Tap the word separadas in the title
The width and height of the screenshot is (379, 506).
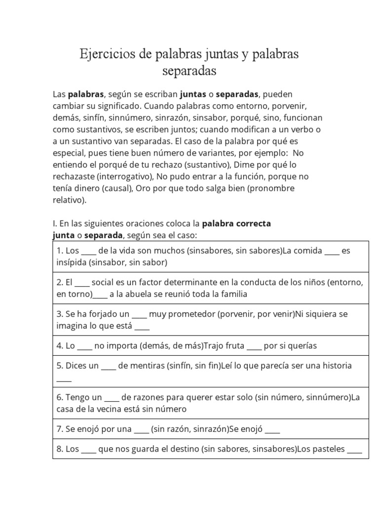(x=189, y=71)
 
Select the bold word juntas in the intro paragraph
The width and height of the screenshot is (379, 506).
(x=193, y=94)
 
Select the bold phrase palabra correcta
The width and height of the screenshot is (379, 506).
(x=236, y=223)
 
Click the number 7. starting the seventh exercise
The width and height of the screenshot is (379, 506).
(x=60, y=429)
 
